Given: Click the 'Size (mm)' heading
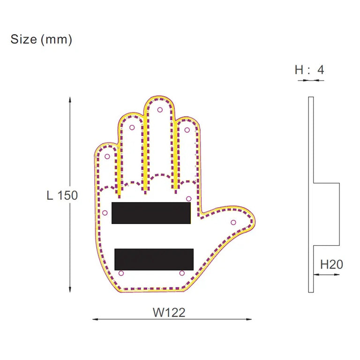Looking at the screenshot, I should click(41, 40).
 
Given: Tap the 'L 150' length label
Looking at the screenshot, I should click(62, 195).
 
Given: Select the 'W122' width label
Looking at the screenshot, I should click(169, 312).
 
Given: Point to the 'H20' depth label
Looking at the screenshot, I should click(331, 264).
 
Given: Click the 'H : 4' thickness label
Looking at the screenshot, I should click(309, 70).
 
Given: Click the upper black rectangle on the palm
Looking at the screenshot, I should click(151, 213).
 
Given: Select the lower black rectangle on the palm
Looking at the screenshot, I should click(154, 259).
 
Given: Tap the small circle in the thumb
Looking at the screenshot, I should click(233, 222).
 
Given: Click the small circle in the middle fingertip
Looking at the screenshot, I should click(160, 110).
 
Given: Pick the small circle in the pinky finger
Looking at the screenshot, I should click(107, 156).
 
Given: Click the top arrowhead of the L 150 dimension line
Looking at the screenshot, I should click(70, 99).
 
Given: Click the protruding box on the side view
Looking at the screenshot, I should click(326, 214).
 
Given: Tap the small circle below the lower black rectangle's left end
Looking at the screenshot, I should click(121, 273).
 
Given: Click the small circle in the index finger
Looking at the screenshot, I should click(187, 130).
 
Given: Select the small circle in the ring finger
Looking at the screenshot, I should click(132, 127).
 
